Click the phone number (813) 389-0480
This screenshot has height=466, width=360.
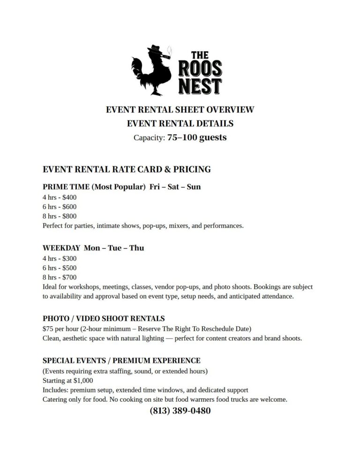click(180, 411)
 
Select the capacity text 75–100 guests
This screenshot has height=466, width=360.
click(197, 137)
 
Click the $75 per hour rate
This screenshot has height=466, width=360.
click(49, 328)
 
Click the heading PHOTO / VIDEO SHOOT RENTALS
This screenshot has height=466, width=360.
click(104, 318)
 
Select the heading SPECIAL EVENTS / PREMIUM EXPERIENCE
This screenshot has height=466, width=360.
click(121, 361)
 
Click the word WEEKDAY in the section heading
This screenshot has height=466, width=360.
click(61, 248)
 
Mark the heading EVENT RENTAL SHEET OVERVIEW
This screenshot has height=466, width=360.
click(180, 110)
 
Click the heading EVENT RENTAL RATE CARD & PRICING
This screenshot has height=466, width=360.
click(127, 169)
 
